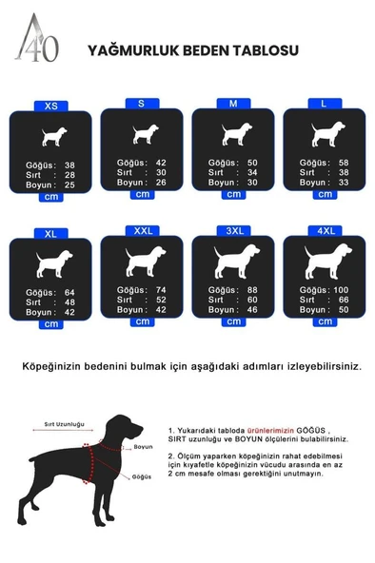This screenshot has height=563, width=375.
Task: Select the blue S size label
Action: point(142,102)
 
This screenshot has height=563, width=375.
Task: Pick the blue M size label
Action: point(233,102)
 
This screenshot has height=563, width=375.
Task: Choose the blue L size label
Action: point(325,102)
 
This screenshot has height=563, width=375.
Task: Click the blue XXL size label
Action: point(142,230)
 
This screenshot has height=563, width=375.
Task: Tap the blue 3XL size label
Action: point(233,230)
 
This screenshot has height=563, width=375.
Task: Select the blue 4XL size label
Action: point(325,230)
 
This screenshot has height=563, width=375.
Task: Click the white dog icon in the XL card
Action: point(50,263)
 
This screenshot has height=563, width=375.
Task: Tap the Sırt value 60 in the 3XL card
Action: point(252,300)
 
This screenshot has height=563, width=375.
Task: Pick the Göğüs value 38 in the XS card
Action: point(69,165)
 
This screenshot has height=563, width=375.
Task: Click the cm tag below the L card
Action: point(325,194)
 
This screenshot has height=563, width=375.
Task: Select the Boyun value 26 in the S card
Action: point(161,182)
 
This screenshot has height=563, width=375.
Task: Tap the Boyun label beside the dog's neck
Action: point(143,446)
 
